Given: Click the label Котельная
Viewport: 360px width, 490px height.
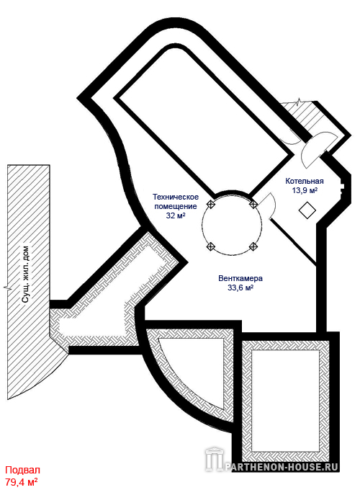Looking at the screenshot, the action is (x=305, y=181).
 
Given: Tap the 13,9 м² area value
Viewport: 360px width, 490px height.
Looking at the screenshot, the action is (x=305, y=190).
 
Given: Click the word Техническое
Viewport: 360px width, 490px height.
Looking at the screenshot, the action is (x=176, y=197).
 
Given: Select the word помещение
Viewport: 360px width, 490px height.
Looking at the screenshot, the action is (x=176, y=206).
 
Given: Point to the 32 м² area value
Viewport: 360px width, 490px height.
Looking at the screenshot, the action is (x=176, y=215).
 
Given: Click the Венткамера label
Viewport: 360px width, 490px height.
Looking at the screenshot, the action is (x=240, y=278).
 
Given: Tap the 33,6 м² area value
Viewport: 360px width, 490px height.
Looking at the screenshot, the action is (x=240, y=288).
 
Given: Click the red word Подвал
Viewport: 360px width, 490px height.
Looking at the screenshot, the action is (x=23, y=470).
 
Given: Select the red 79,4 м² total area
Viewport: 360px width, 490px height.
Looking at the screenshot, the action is (x=22, y=481).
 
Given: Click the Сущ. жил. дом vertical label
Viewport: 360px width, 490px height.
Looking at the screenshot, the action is (x=26, y=275).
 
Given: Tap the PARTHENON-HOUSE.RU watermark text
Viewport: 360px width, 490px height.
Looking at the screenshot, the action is (x=282, y=467).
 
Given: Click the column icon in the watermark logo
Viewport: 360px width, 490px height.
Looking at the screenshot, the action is (x=214, y=460).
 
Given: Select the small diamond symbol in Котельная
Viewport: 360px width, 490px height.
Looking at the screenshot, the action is (x=307, y=210).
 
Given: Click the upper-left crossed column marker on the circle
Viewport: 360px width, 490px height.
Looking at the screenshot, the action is (x=212, y=205).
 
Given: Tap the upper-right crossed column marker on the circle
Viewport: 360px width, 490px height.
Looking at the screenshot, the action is (x=253, y=205).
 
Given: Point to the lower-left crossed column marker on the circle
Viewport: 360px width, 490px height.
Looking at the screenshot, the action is (x=212, y=246).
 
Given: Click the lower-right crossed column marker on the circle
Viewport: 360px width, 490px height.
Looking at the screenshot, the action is (x=253, y=246).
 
